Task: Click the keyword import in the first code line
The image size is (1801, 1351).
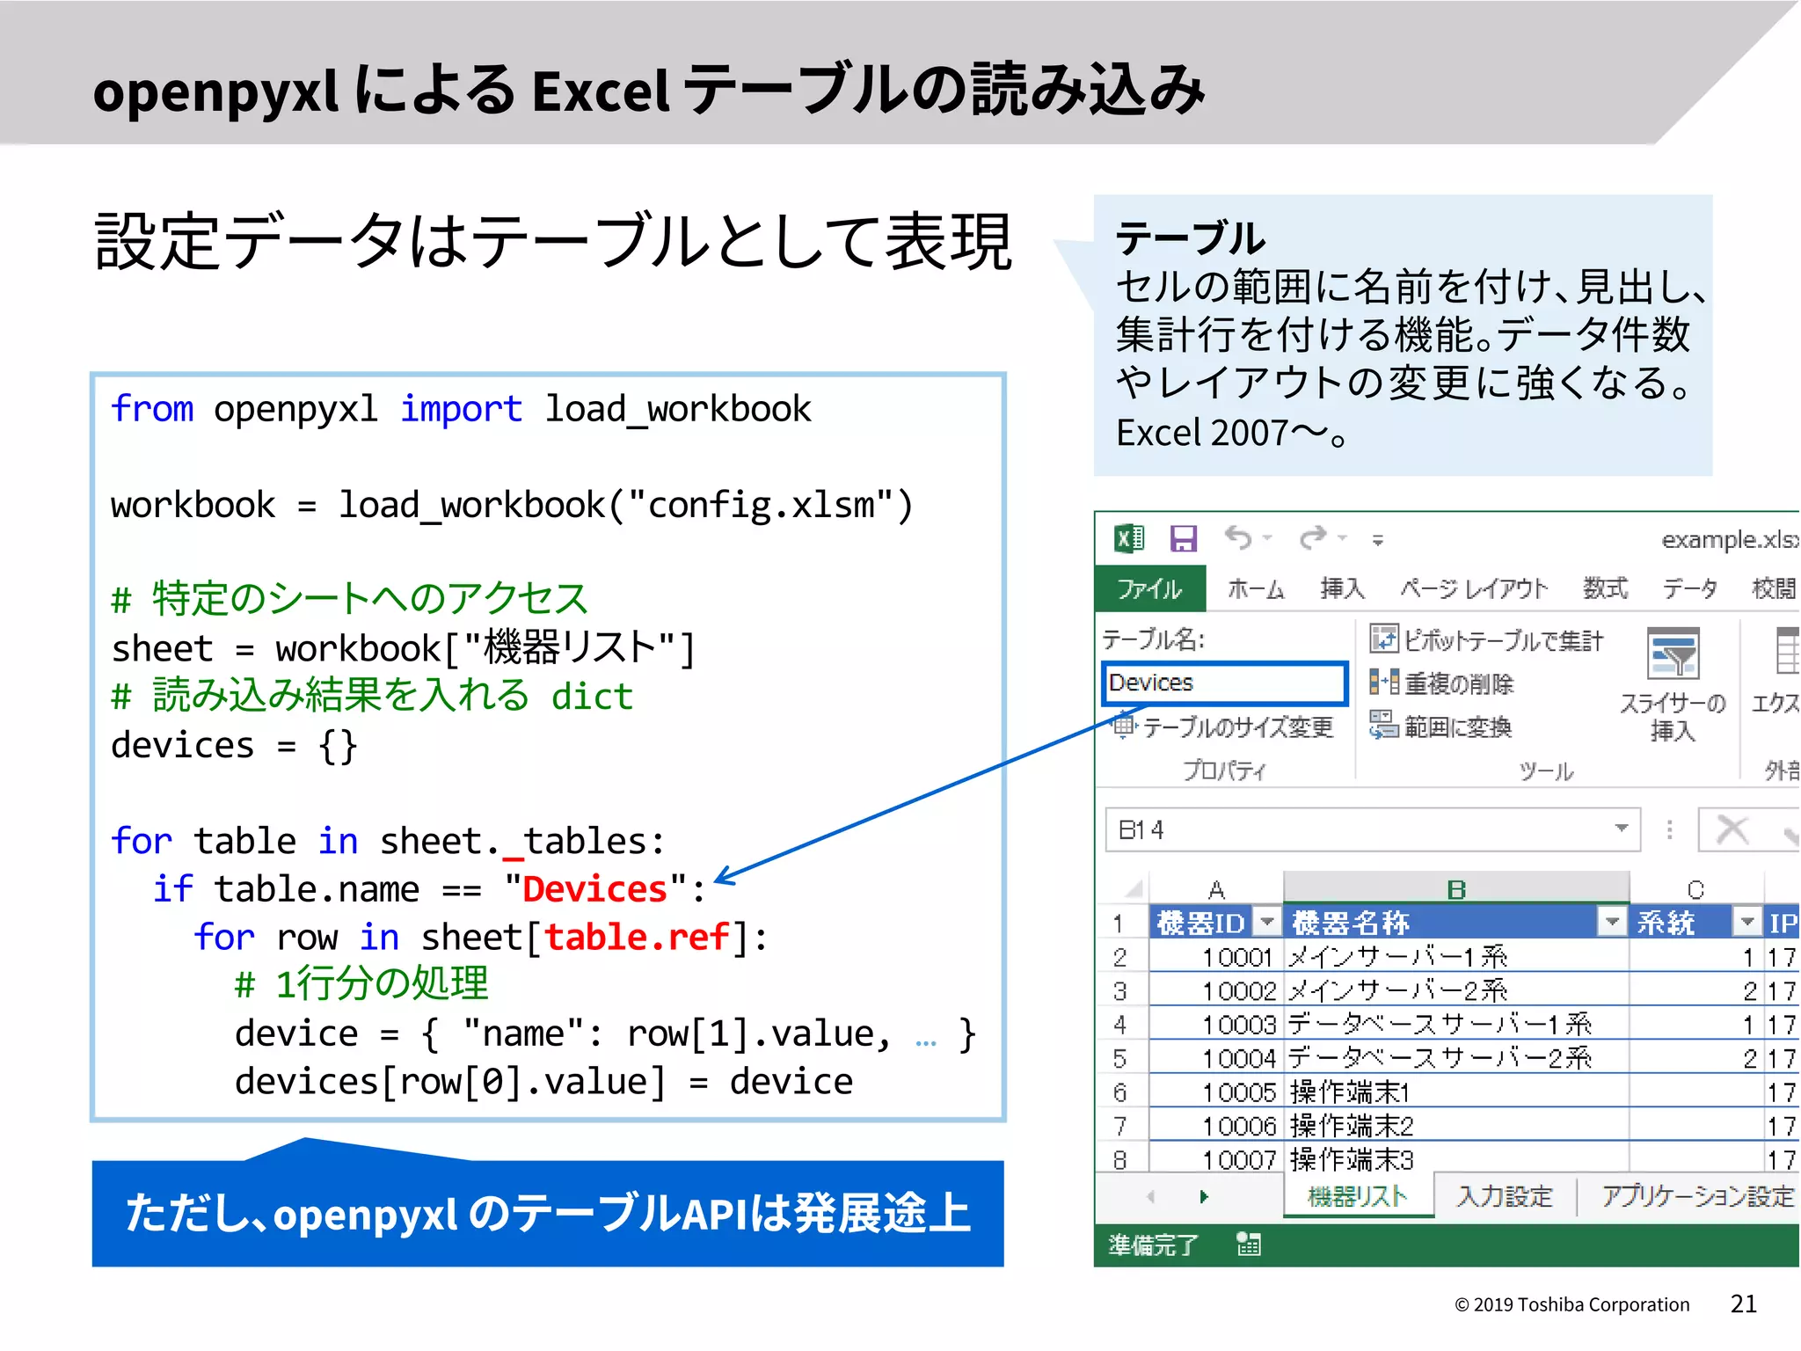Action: (461, 409)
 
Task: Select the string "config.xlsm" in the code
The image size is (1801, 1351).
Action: (761, 506)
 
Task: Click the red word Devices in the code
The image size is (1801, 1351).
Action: (594, 889)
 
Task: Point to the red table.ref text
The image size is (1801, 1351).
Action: (638, 938)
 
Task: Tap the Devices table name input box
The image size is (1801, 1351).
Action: (1223, 683)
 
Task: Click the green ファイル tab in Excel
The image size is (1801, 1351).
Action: (1149, 588)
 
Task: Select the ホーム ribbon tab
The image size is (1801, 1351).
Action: (1256, 588)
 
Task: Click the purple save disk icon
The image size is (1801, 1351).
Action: (1184, 538)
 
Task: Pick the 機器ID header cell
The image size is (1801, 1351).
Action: (1200, 923)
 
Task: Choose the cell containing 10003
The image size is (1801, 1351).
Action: (1238, 1025)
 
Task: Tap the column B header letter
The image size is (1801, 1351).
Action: (1456, 889)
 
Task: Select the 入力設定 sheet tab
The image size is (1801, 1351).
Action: (1505, 1196)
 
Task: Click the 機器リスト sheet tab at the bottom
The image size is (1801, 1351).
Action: (1358, 1196)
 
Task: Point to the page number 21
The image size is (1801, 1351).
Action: (1743, 1304)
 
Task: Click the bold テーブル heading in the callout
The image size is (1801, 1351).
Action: (1190, 238)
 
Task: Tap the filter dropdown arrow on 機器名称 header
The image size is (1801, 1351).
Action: (1612, 922)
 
